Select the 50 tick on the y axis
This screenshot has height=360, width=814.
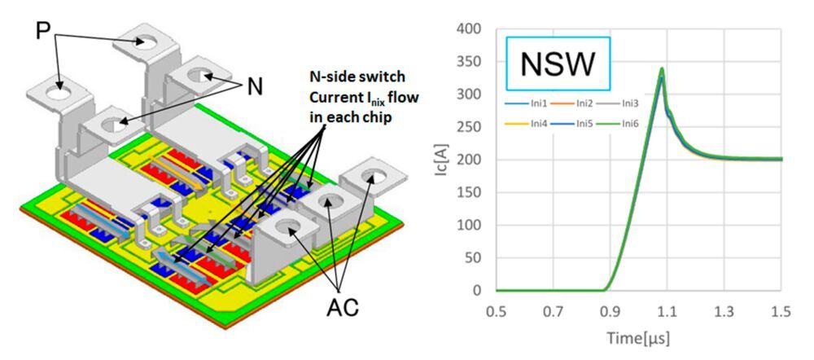coord(479,258)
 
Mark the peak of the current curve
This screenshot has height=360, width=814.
coord(662,69)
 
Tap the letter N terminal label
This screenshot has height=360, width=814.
coord(255,86)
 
